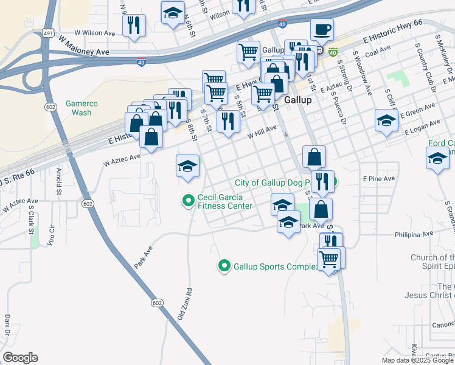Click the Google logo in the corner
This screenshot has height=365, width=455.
(20, 358)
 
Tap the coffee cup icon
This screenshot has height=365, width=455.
(322, 29)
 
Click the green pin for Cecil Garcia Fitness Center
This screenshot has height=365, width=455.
(189, 199)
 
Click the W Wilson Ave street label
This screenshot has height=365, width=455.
(94, 33)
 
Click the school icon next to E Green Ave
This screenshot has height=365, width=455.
(386, 120)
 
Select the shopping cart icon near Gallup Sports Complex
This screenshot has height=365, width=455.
(329, 259)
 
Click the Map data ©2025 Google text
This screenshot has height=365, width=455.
(417, 360)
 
